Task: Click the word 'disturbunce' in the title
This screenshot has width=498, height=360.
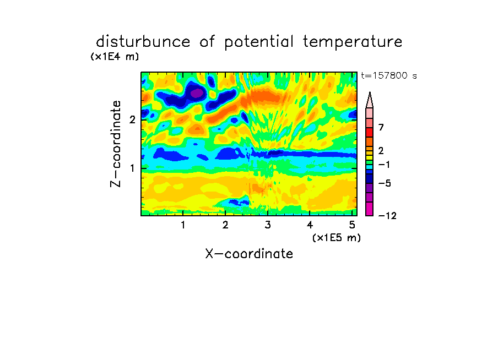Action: [143, 42]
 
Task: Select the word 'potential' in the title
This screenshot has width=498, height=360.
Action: [258, 42]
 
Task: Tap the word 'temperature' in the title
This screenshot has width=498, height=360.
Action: [353, 42]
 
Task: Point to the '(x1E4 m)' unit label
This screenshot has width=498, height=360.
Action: [115, 57]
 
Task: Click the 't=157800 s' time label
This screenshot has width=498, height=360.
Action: [389, 76]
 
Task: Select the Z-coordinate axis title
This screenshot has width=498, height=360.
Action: [116, 144]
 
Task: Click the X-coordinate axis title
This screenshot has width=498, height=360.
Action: [249, 254]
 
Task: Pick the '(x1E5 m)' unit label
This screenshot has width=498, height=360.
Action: [337, 238]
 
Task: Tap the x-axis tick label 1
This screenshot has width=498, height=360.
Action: [183, 225]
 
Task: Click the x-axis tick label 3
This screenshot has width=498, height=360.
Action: [268, 225]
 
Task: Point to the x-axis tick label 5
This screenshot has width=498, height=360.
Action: [352, 225]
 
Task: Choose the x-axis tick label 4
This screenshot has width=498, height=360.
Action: [310, 225]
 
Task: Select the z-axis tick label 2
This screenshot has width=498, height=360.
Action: [132, 119]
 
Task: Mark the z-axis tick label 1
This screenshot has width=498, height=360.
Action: [132, 168]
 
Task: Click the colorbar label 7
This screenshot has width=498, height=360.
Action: [381, 127]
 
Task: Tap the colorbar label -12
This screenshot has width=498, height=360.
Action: [387, 216]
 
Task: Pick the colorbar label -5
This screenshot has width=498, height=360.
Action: [385, 183]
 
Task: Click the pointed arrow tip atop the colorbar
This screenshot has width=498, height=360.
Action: [370, 92]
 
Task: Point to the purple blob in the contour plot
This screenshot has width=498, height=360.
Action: [197, 93]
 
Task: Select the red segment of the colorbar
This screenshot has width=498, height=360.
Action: [370, 132]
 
